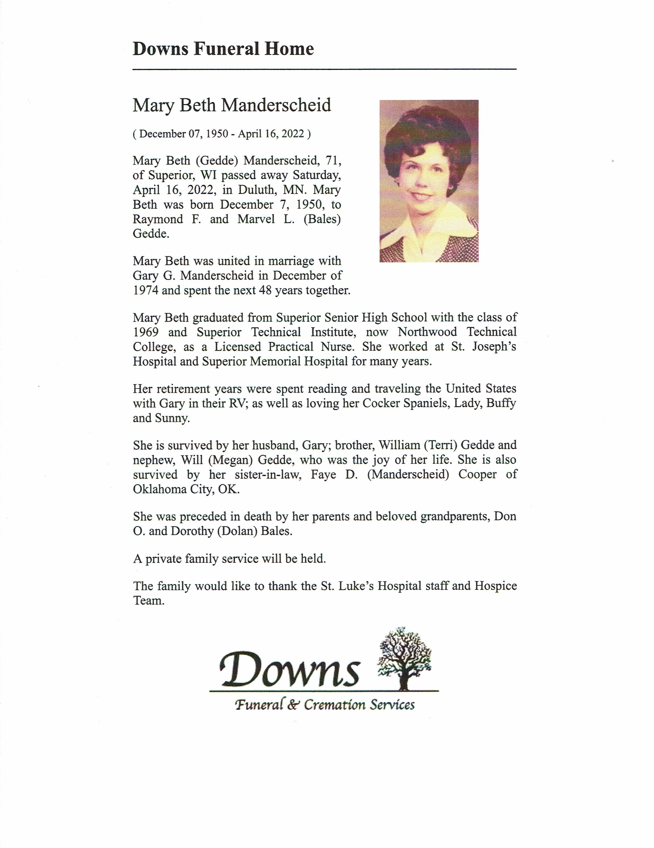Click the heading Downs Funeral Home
[x=223, y=49]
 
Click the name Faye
[x=323, y=474]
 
